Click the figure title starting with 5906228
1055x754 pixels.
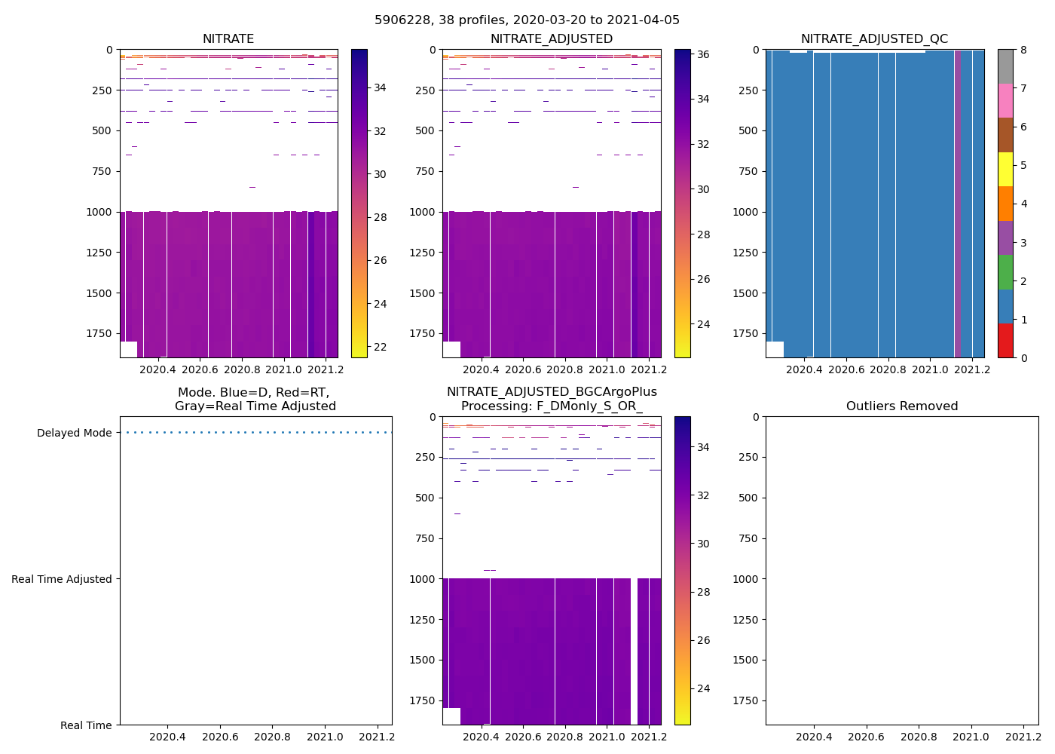click(527, 20)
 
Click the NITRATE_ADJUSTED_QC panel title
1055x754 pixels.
click(874, 39)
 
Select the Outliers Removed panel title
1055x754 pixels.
click(902, 406)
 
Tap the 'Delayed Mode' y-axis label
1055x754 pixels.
click(74, 433)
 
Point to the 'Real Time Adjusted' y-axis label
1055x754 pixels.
click(62, 579)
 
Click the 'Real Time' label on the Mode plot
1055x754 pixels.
click(86, 725)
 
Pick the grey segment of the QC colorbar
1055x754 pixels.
click(1005, 66)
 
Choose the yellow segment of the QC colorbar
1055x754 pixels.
click(1005, 169)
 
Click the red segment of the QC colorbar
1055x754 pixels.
click(1005, 340)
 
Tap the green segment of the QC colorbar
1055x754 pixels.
click(1005, 272)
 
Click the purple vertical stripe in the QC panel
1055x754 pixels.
click(958, 204)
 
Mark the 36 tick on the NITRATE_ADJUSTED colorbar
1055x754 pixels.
click(702, 54)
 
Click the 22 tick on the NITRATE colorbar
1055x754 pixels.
click(380, 347)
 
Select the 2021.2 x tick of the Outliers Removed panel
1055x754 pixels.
click(1023, 737)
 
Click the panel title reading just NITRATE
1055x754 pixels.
click(228, 39)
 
